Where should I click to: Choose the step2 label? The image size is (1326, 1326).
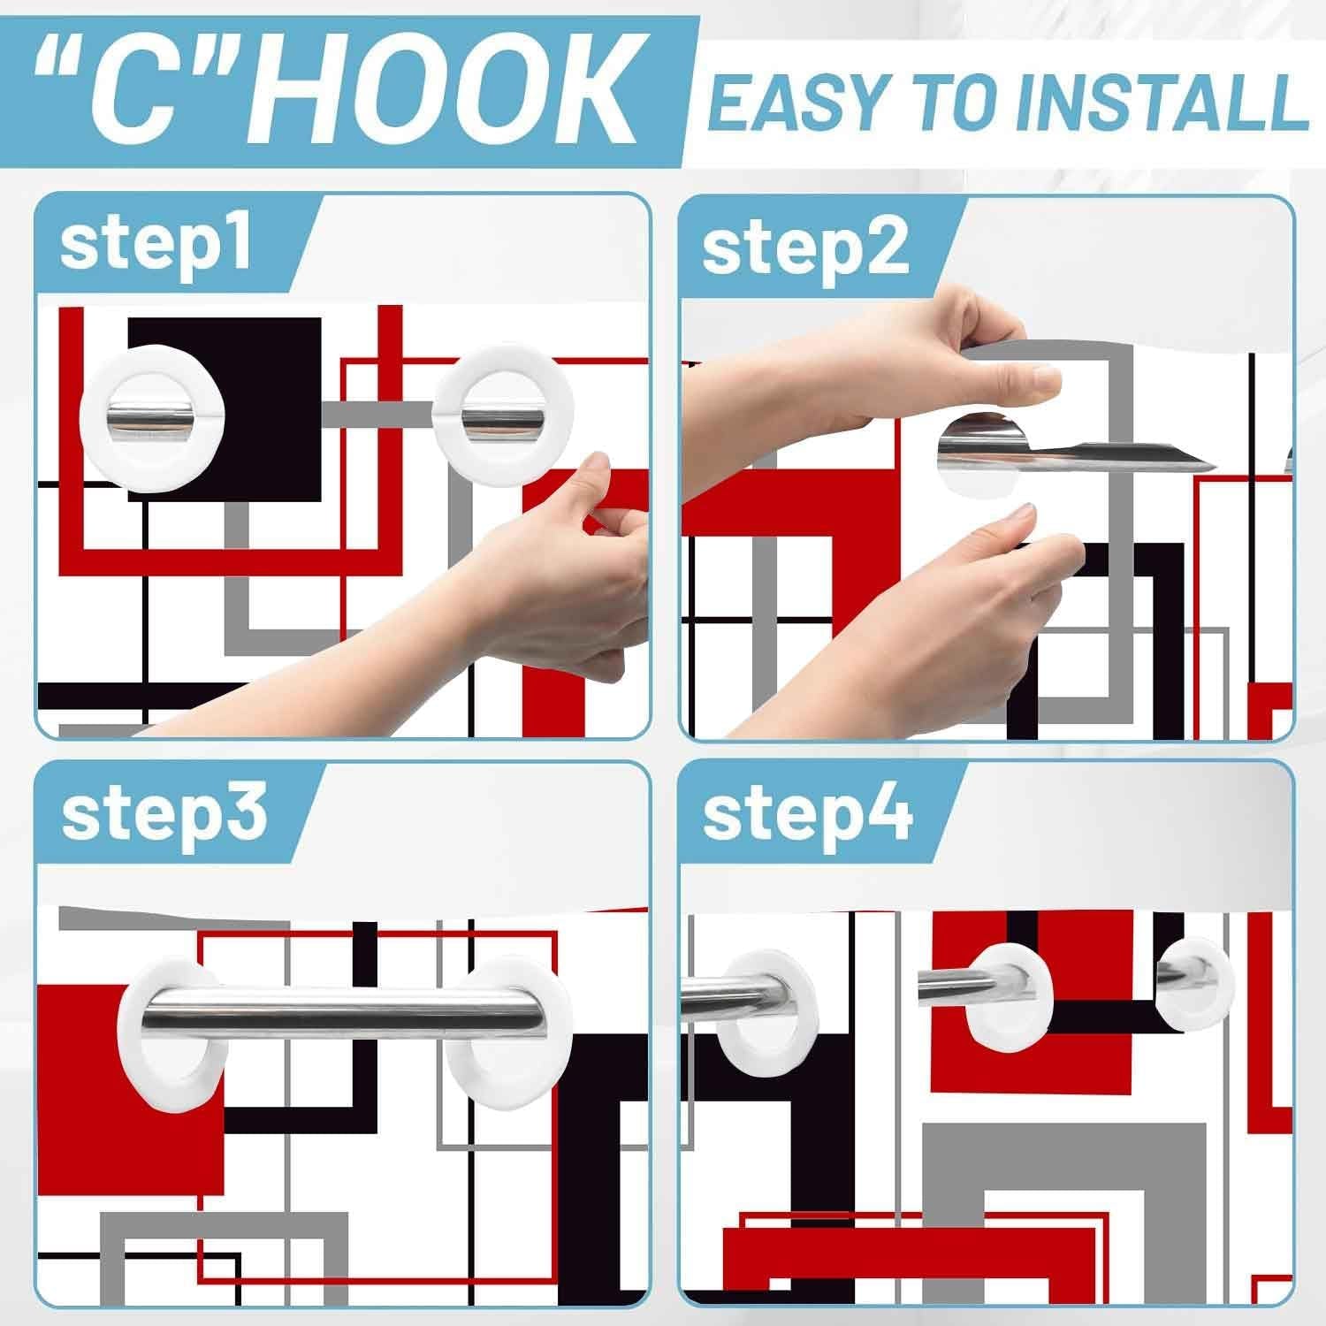[804, 247]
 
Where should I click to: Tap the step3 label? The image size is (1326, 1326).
[164, 814]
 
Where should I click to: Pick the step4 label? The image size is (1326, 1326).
[807, 814]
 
